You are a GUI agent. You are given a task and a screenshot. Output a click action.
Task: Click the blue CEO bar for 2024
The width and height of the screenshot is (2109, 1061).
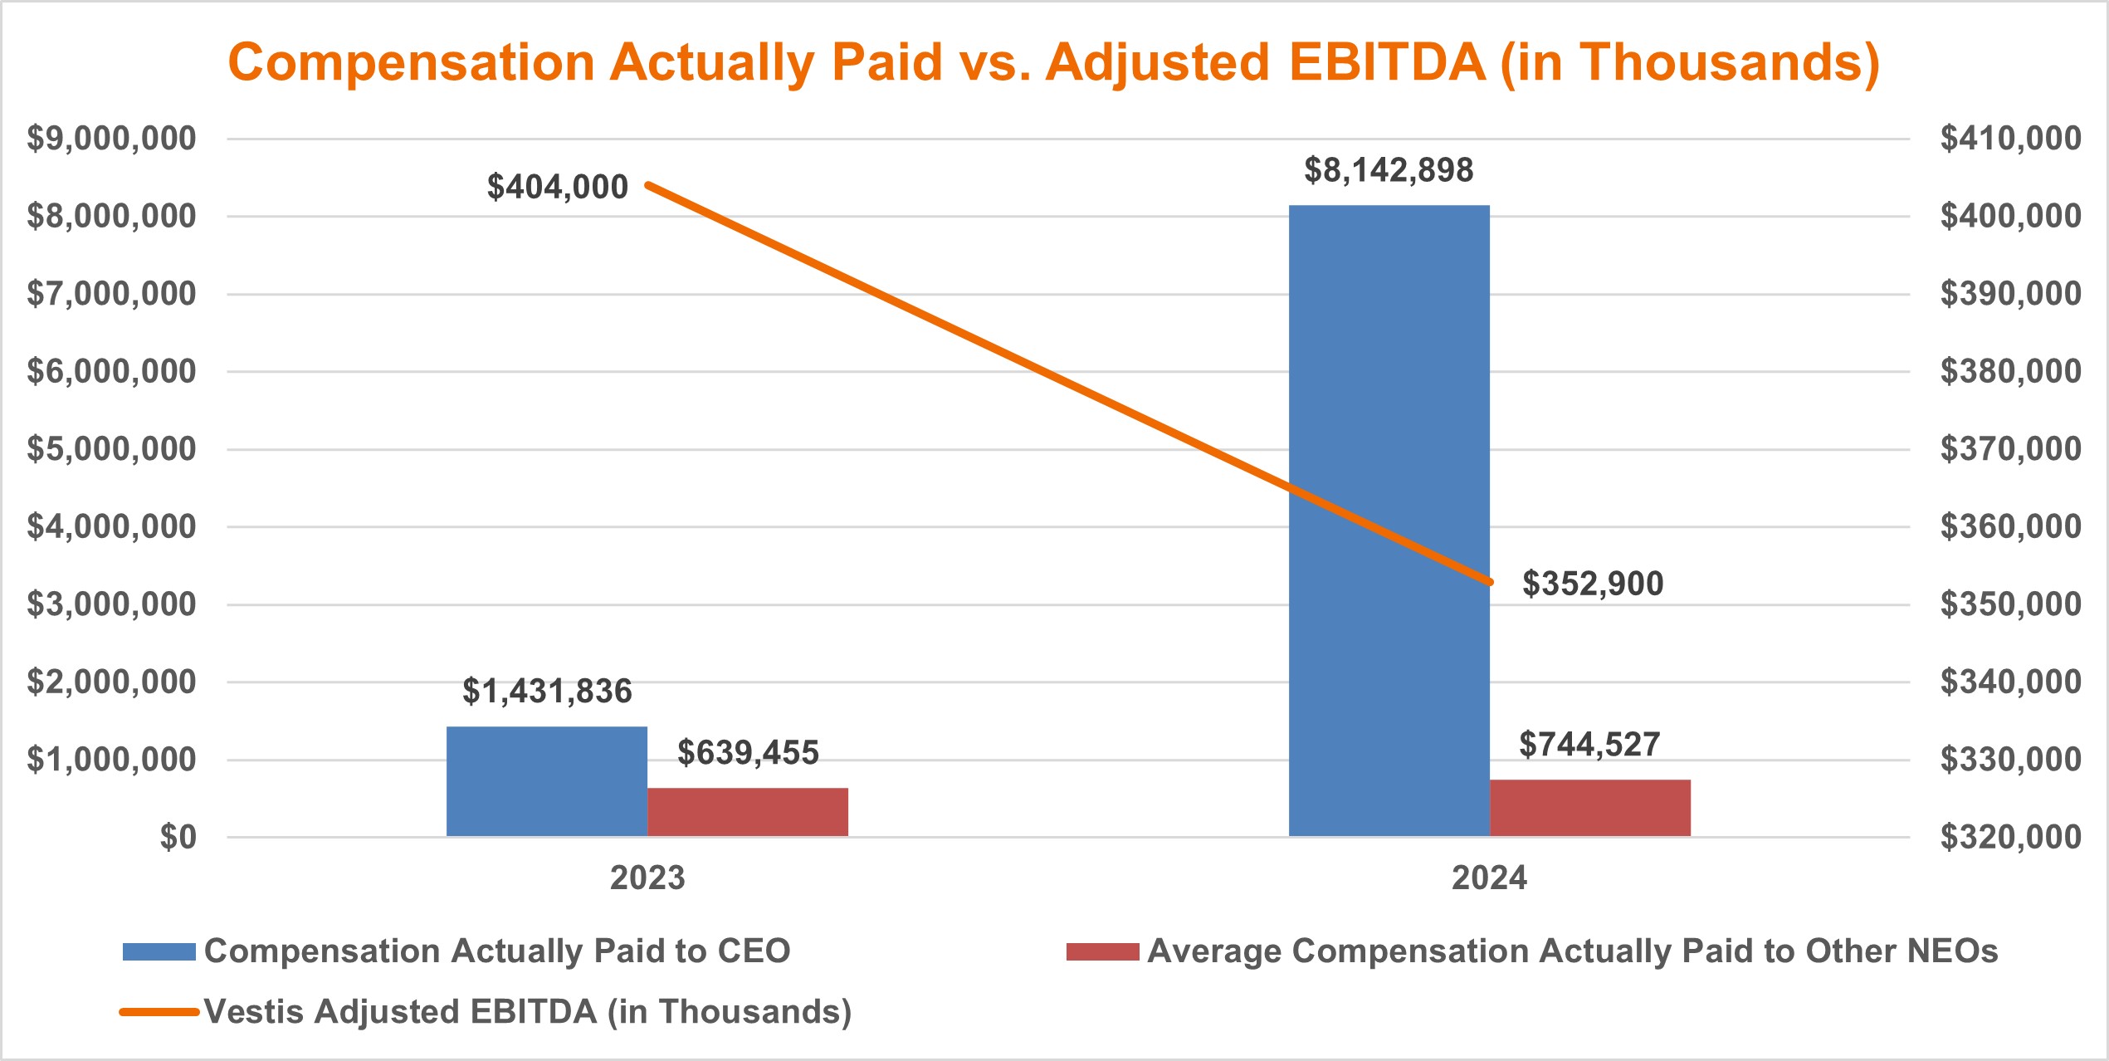coord(1389,521)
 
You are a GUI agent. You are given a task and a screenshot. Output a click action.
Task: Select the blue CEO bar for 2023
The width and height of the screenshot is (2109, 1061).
coord(546,781)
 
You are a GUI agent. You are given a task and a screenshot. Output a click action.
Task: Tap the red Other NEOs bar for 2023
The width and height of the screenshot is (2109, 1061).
coord(747,811)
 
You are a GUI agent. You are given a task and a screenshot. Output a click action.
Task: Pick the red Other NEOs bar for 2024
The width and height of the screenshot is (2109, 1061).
coord(1589,807)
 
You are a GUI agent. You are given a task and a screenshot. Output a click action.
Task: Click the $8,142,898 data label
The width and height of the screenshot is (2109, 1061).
coord(1389,170)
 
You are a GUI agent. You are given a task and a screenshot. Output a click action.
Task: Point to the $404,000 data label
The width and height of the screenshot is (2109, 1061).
coord(557,187)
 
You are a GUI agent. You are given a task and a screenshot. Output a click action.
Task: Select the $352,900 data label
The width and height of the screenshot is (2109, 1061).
coord(1592,584)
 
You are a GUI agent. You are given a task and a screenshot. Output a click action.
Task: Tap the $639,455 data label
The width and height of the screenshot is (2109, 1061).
coord(748,753)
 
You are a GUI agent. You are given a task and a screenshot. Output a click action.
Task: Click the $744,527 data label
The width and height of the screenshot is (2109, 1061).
coord(1589,745)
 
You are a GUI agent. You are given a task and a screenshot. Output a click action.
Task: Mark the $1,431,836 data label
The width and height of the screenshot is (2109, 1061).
coord(547,692)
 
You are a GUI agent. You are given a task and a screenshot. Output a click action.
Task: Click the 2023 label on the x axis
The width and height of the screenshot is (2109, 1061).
coord(647,878)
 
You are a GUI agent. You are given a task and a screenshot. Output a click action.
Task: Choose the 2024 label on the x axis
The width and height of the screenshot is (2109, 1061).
coord(1489,878)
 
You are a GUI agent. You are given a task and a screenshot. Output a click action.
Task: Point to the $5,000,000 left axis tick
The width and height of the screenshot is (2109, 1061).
coord(111,449)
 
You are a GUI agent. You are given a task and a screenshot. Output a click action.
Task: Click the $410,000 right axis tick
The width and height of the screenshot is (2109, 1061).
coord(2009,138)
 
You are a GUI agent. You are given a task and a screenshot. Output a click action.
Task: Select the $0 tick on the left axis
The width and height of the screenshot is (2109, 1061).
coord(178,837)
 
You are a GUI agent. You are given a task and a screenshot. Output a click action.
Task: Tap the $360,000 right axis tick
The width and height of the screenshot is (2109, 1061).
coord(2009,526)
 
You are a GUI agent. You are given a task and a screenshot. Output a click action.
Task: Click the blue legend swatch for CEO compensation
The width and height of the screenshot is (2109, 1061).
coord(159,951)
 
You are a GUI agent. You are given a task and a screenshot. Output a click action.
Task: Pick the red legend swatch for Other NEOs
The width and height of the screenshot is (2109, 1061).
coord(1102,951)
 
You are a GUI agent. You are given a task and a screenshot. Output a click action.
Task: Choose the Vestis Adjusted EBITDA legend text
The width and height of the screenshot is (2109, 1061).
coord(528,1012)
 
